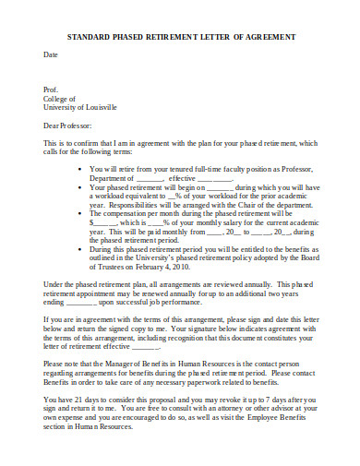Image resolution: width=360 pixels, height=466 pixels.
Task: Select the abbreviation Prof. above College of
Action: click(52, 90)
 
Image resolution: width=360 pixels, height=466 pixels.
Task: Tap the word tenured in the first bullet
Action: click(184, 170)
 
